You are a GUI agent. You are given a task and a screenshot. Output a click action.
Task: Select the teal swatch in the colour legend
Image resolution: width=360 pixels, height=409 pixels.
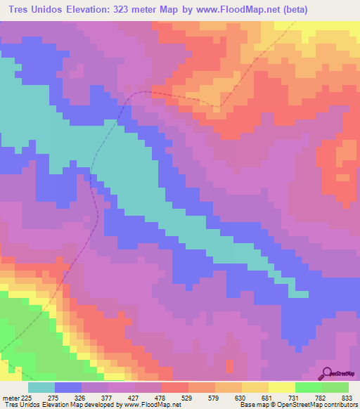(x=41, y=387)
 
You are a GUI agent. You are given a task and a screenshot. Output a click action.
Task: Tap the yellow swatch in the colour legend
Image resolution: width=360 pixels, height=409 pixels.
(x=281, y=387)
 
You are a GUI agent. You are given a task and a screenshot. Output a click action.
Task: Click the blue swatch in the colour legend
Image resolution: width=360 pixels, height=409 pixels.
(x=67, y=387)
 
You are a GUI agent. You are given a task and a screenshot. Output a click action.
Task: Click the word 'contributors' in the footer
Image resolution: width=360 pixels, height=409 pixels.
(x=340, y=405)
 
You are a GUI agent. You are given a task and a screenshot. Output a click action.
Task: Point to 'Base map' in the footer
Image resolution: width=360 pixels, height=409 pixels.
(x=252, y=405)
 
